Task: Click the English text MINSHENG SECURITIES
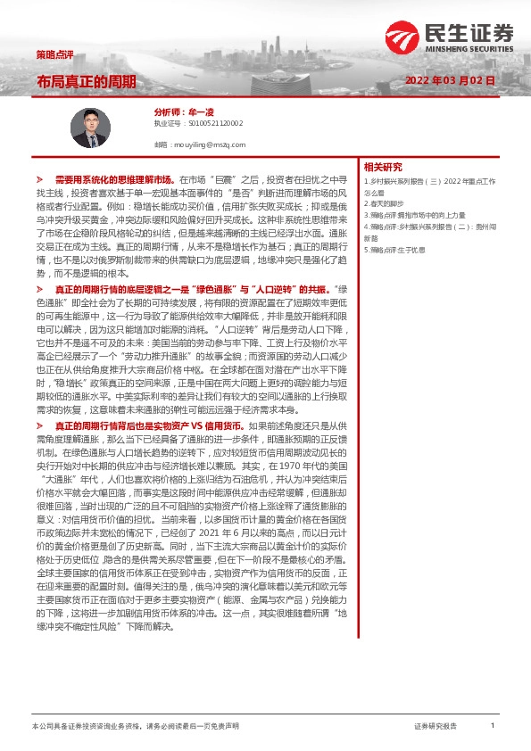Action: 473,49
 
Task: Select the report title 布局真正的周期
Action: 87,82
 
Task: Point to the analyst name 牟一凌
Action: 202,112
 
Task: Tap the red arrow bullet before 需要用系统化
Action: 39,179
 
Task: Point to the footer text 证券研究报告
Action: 436,726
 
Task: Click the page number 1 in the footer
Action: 492,726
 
